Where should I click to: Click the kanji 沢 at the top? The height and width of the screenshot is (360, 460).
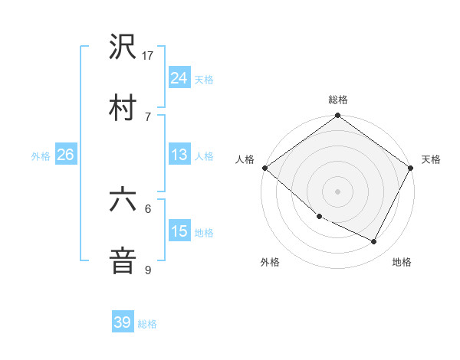[123, 48]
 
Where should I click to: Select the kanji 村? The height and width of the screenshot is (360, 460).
[123, 107]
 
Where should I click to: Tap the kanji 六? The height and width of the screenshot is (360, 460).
[123, 200]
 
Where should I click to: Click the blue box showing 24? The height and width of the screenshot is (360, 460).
[179, 77]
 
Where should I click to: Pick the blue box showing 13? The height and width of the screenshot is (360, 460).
[179, 155]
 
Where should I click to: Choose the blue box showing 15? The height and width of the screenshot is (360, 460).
[179, 231]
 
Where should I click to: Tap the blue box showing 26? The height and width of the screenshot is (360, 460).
[65, 155]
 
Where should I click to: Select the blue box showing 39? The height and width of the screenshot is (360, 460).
[123, 322]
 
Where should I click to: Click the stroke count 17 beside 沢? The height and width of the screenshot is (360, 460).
[148, 55]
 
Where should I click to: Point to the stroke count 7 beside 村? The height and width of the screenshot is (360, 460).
[148, 116]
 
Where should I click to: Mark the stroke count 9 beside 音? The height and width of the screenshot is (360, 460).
[148, 269]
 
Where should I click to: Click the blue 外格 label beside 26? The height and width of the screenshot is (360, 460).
[41, 155]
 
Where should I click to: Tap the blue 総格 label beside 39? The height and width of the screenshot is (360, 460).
[147, 324]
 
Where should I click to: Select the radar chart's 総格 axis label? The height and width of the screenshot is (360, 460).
[338, 100]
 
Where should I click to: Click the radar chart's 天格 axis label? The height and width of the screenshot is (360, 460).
[431, 159]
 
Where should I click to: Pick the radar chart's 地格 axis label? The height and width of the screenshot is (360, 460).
[402, 262]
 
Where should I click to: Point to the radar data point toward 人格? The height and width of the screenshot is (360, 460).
[264, 168]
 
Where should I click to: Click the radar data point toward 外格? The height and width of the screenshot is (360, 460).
[318, 217]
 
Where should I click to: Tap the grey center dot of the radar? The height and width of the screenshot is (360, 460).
[338, 191]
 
